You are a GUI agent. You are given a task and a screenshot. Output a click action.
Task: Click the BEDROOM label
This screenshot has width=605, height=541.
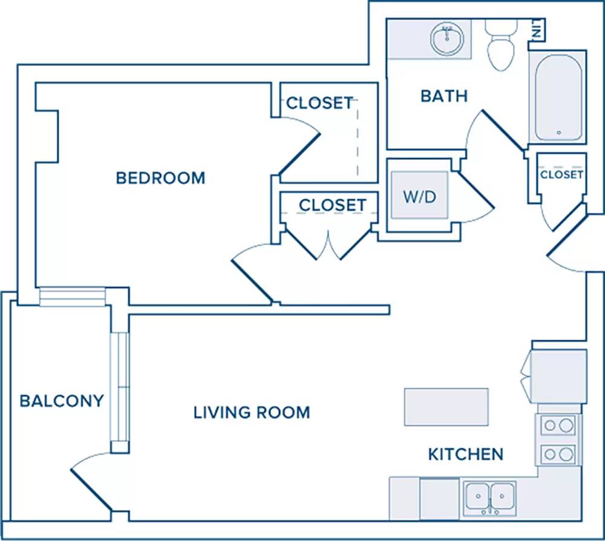click(160, 178)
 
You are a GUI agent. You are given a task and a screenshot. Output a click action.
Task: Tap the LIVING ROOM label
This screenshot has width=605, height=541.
click(252, 413)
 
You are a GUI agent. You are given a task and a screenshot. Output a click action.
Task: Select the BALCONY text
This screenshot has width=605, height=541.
click(62, 401)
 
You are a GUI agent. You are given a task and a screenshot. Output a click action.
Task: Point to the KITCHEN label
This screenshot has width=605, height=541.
click(466, 454)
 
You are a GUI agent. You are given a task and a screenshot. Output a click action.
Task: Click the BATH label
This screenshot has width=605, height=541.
click(444, 96)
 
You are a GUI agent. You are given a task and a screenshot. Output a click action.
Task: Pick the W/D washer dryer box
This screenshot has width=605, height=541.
click(419, 195)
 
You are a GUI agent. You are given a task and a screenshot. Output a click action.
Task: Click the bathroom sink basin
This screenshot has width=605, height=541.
click(447, 38)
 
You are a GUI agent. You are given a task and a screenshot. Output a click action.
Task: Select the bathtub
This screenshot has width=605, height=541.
click(558, 97)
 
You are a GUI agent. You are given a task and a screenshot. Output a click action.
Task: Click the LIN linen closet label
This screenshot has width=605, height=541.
click(536, 29)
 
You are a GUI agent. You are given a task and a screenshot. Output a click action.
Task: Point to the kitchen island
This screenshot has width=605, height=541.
click(446, 407)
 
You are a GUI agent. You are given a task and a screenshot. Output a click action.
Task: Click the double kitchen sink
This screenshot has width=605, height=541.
click(489, 498)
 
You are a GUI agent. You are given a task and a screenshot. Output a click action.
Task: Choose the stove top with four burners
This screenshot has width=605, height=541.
click(558, 440)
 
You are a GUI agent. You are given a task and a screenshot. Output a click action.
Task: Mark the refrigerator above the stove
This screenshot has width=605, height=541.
click(558, 376)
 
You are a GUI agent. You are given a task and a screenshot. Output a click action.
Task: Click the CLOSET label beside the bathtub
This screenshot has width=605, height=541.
click(561, 174)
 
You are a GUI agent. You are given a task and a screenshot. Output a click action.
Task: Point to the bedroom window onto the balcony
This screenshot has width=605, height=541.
click(72, 297)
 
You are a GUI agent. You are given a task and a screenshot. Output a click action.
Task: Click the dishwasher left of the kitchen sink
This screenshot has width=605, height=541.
click(439, 499)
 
